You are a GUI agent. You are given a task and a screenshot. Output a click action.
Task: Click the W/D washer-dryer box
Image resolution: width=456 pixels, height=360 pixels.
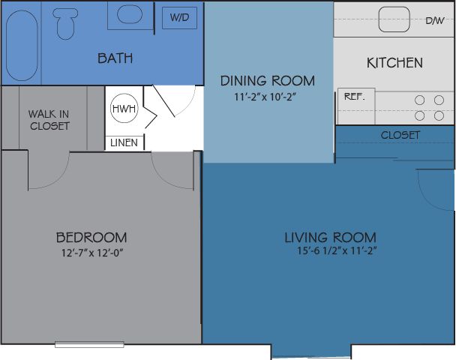pyautogui.click(x=179, y=18)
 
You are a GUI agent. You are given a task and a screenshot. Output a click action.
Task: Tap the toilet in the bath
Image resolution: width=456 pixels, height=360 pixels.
pyautogui.click(x=65, y=23)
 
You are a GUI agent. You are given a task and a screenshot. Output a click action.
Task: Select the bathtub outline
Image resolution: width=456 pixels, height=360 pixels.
pyautogui.click(x=22, y=46)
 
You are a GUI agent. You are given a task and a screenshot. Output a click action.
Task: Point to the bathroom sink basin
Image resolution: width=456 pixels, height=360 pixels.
pyautogui.click(x=130, y=14)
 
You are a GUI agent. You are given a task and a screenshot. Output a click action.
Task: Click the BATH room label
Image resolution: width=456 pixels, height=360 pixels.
pyautogui.click(x=115, y=58)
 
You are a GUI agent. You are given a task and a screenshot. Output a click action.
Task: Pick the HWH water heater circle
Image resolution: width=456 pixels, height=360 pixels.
pyautogui.click(x=124, y=108)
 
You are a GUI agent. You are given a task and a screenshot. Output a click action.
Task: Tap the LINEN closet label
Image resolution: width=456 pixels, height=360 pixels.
pyautogui.click(x=124, y=142)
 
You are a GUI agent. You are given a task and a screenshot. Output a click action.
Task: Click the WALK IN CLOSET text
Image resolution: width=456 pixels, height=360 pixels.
pyautogui.click(x=49, y=120)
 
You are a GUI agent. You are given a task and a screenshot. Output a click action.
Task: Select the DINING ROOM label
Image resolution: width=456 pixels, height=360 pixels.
pyautogui.click(x=268, y=81)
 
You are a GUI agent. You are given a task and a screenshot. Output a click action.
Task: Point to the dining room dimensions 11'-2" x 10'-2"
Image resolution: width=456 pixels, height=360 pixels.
pyautogui.click(x=265, y=97)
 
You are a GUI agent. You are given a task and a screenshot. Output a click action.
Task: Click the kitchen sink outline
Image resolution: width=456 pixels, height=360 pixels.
pyautogui.click(x=394, y=19)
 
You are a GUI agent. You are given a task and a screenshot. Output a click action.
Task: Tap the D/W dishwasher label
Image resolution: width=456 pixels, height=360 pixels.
pyautogui.click(x=435, y=20)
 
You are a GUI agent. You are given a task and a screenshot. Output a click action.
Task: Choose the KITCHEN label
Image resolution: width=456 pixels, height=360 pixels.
pyautogui.click(x=394, y=63)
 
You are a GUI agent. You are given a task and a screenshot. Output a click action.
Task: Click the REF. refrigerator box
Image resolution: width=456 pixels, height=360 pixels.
pyautogui.click(x=356, y=106)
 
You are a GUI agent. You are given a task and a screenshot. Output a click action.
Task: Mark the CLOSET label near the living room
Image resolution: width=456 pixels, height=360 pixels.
pyautogui.click(x=400, y=135)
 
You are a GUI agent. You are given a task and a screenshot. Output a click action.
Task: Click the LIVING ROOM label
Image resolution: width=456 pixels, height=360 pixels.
pyautogui.click(x=330, y=238)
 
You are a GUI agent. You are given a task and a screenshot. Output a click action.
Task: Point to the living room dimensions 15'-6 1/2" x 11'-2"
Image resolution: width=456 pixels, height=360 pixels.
pyautogui.click(x=337, y=250)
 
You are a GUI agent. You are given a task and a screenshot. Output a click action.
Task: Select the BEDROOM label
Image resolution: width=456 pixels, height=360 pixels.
pyautogui.click(x=91, y=238)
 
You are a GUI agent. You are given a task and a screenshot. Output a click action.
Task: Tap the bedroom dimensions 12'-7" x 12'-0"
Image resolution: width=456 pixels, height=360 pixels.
pyautogui.click(x=92, y=253)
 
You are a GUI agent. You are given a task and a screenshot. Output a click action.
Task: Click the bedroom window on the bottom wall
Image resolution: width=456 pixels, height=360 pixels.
pyautogui.click(x=89, y=345)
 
